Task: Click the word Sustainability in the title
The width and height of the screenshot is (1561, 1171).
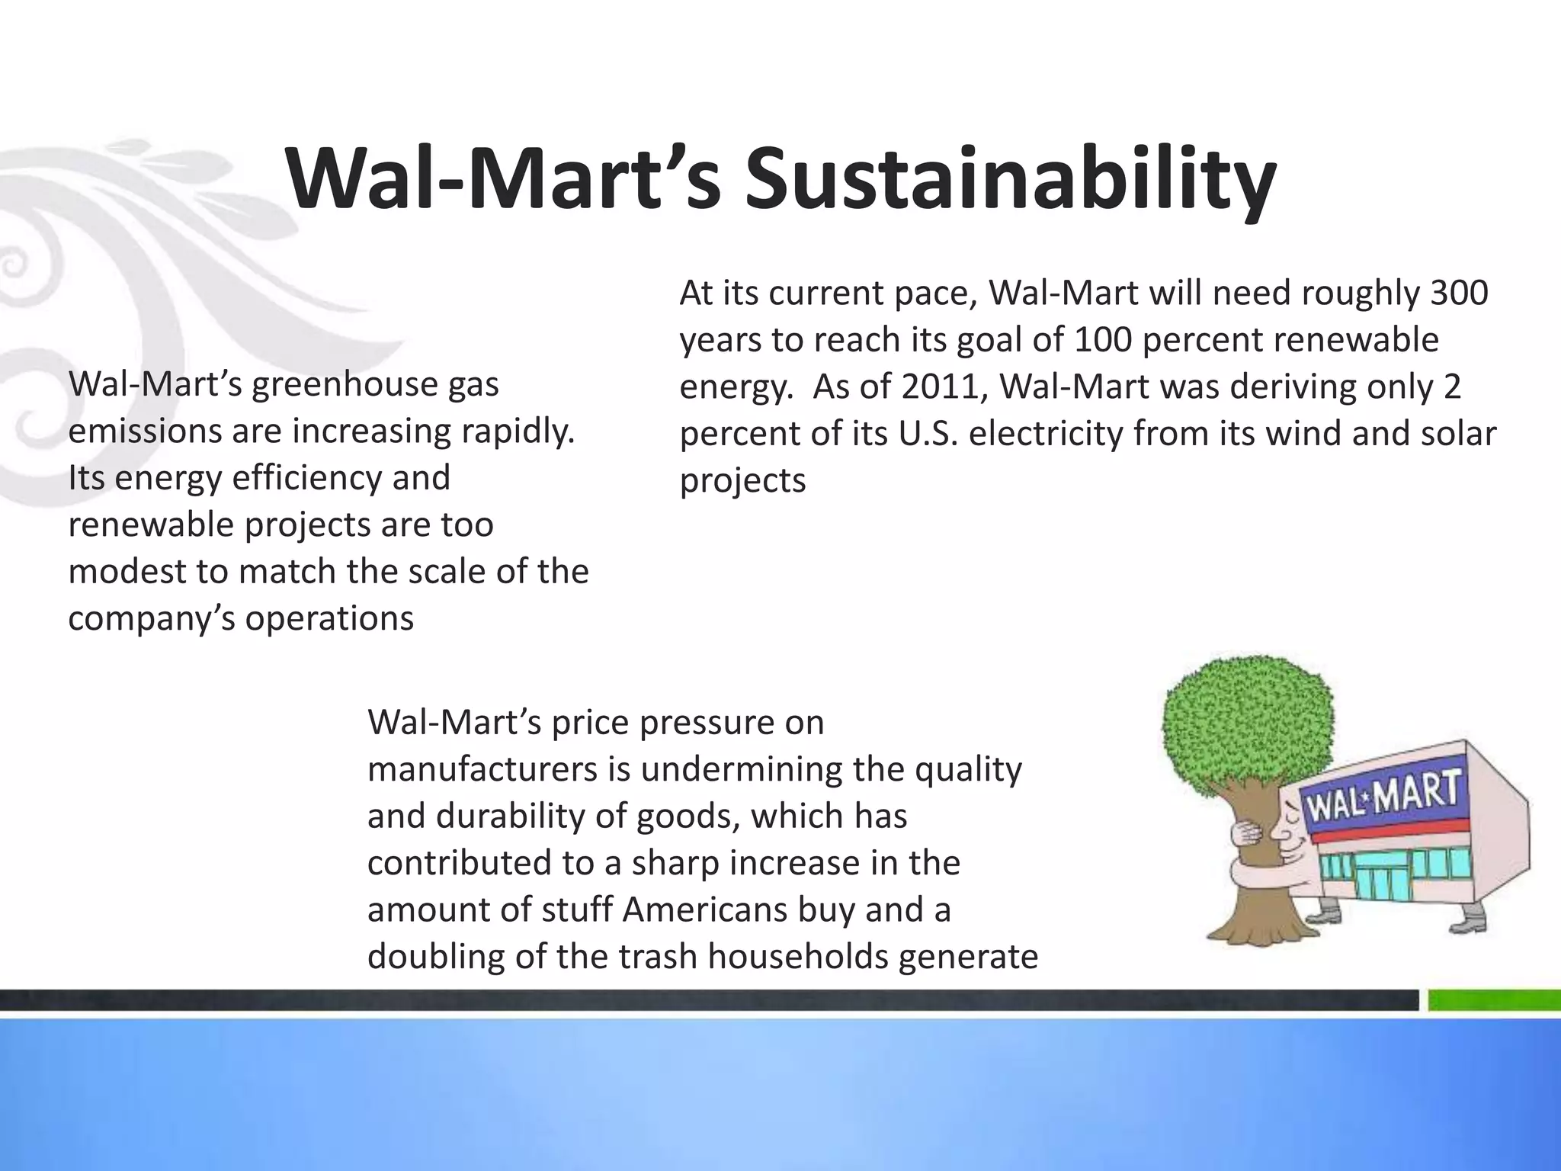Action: click(x=1010, y=181)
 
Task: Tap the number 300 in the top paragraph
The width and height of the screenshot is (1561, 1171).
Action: click(x=1458, y=294)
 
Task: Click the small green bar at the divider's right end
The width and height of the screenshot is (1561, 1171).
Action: click(x=1493, y=999)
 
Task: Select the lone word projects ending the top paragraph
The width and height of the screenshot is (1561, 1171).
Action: click(x=742, y=481)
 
